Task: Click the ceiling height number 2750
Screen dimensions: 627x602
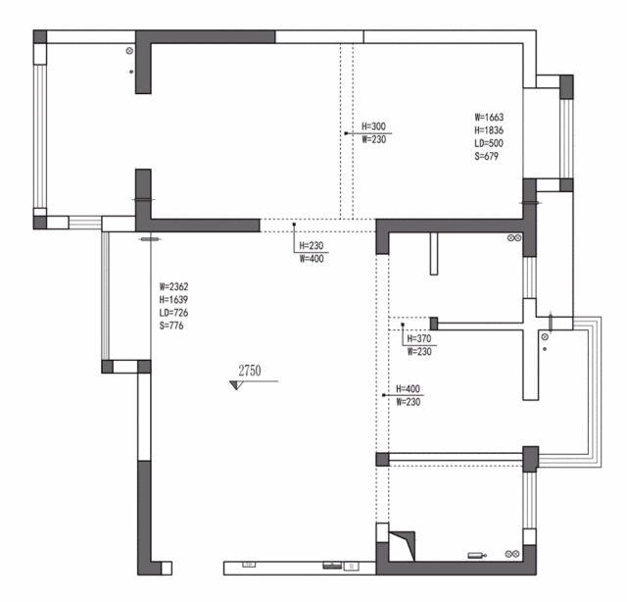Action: pos(250,371)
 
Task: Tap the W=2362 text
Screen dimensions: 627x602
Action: pos(173,286)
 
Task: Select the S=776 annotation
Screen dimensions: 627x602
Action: pos(171,326)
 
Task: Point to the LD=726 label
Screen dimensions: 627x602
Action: pos(173,313)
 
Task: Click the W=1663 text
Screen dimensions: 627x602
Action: pos(489,118)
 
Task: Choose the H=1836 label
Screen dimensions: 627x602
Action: pos(489,130)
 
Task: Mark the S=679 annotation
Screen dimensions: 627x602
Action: pos(487,156)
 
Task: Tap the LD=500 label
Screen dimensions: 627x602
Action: pos(489,143)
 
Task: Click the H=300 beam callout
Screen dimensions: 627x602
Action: pos(374,126)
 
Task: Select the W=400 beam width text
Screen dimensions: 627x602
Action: pos(312,259)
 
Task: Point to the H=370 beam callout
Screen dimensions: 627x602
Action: pos(419,338)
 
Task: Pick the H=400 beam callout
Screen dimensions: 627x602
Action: pos(408,388)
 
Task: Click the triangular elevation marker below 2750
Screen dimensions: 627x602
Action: pos(236,385)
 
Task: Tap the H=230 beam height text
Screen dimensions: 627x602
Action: pos(312,245)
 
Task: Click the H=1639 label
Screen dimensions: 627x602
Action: pos(173,299)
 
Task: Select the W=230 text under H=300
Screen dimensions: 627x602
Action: pos(374,139)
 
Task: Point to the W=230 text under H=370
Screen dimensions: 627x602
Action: pos(419,351)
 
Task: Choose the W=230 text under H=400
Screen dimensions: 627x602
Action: pos(408,401)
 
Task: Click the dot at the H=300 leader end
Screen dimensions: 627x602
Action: pos(346,133)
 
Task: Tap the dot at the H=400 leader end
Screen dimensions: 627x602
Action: pos(383,395)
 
